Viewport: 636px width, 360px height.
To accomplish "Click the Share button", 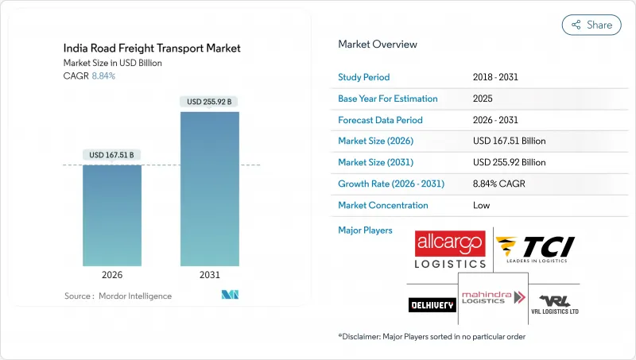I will (x=591, y=25).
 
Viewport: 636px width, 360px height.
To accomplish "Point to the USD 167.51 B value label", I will (x=112, y=155).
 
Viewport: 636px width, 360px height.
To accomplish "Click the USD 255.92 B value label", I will (x=210, y=102).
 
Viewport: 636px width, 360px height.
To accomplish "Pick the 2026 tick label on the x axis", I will (x=112, y=274).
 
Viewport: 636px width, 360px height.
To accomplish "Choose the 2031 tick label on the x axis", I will (x=210, y=274).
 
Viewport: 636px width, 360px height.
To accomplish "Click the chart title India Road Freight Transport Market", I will (x=153, y=48).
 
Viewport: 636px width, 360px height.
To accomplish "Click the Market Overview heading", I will (x=378, y=44).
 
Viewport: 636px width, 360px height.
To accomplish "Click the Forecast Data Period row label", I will (x=381, y=120).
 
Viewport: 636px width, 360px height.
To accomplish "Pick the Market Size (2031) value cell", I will (x=509, y=162).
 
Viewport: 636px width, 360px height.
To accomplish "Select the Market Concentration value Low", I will (x=481, y=205).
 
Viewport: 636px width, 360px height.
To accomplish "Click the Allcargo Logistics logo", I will (x=451, y=250).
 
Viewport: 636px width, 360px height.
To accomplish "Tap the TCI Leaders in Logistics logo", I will (x=534, y=250).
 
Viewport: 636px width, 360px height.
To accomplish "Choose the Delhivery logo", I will (x=432, y=304).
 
